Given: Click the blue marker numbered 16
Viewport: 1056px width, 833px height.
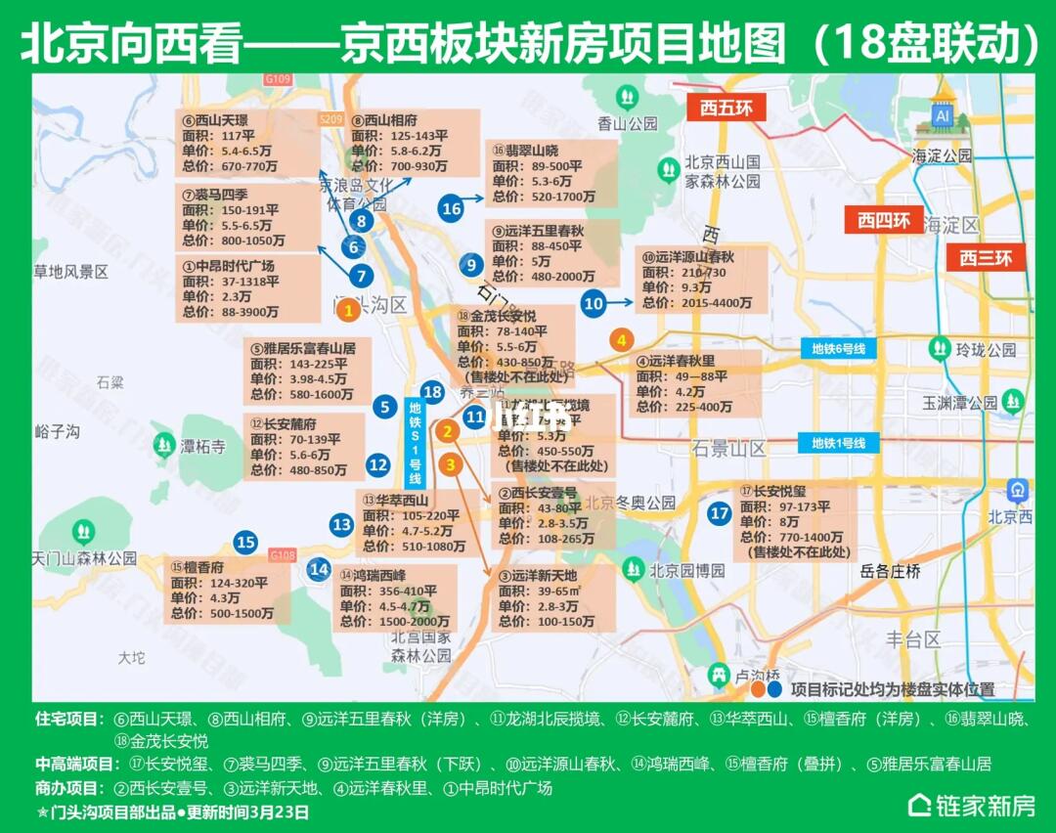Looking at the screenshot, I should pyautogui.click(x=451, y=208).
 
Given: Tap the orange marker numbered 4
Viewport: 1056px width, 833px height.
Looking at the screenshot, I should pyautogui.click(x=620, y=340).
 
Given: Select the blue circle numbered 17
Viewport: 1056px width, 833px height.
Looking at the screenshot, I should pyautogui.click(x=720, y=513).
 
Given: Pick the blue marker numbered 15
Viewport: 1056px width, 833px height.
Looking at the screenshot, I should pyautogui.click(x=245, y=542).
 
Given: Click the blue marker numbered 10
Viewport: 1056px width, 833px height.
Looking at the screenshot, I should pyautogui.click(x=594, y=303).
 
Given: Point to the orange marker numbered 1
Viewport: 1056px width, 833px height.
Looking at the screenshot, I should pyautogui.click(x=346, y=311).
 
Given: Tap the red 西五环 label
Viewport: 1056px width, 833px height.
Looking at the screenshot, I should pyautogui.click(x=726, y=107).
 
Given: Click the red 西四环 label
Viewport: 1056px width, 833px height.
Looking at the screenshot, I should pyautogui.click(x=884, y=220).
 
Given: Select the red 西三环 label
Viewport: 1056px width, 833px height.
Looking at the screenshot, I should pyautogui.click(x=985, y=258).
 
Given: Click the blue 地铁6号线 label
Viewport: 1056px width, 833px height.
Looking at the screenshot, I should pyautogui.click(x=839, y=349).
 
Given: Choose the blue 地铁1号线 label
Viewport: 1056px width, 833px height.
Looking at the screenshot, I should pyautogui.click(x=839, y=443).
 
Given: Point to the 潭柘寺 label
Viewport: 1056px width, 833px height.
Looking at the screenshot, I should pyautogui.click(x=203, y=447).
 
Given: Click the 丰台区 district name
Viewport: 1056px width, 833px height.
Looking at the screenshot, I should pyautogui.click(x=913, y=639).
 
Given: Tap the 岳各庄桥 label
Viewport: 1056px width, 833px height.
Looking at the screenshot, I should pyautogui.click(x=890, y=572).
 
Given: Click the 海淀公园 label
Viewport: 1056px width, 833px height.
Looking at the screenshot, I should pyautogui.click(x=943, y=155).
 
